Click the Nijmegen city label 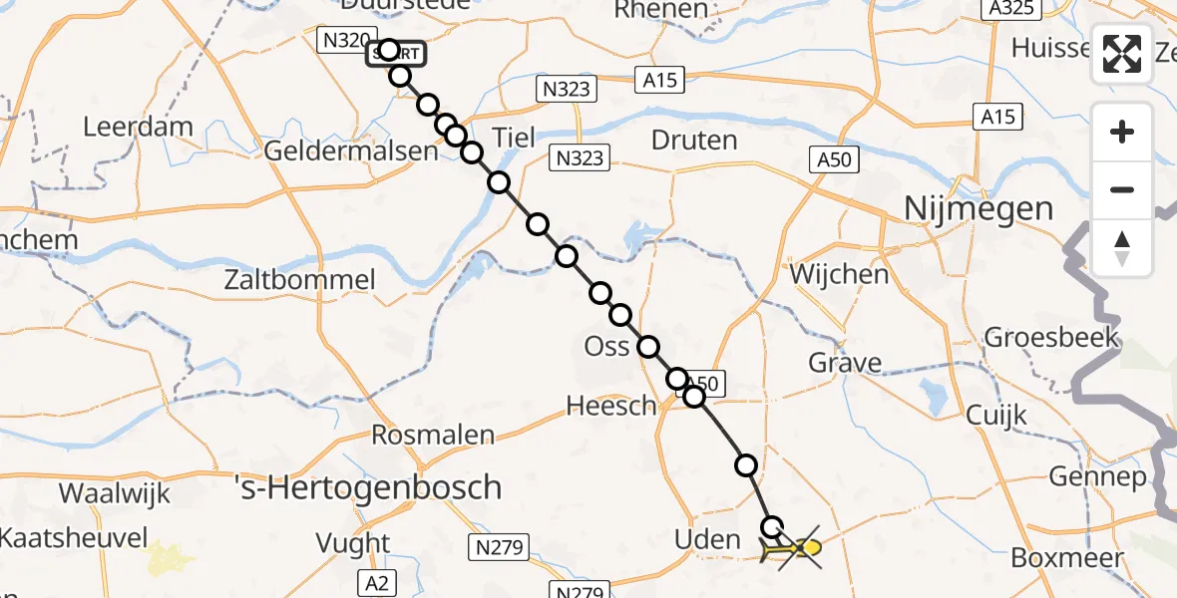click(978, 209)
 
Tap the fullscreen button click(1122, 53)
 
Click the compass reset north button click(1122, 248)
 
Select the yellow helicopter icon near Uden click(793, 548)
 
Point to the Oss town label click(607, 347)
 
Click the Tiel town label click(514, 138)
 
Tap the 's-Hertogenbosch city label click(367, 487)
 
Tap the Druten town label click(694, 140)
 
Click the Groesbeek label click(1051, 338)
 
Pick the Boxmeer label click(1067, 557)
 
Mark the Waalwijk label click(115, 493)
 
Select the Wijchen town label click(839, 273)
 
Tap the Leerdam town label click(138, 127)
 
